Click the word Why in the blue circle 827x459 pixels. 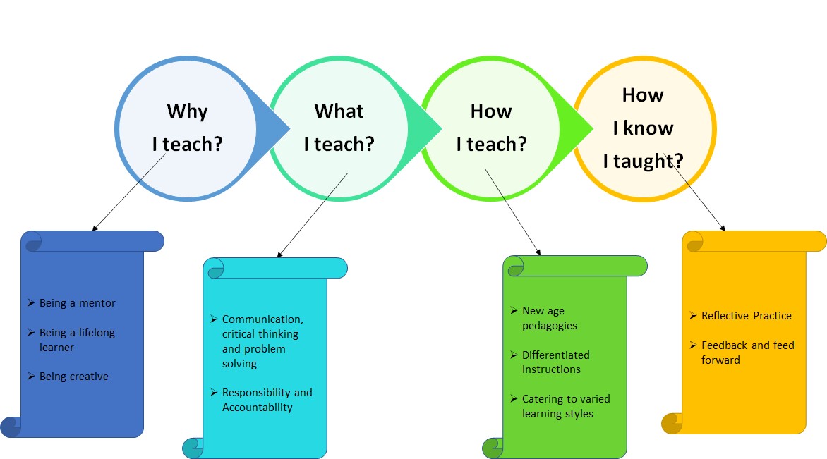point(187,111)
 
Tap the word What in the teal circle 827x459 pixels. point(339,111)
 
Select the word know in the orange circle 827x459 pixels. point(648,128)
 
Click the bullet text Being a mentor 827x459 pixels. point(77,303)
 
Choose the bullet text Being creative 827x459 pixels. point(74,377)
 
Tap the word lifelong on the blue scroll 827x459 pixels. point(97,333)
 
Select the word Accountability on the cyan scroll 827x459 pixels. point(258,408)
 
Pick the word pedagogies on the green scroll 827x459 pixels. point(550,326)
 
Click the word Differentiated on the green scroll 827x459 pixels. point(556,355)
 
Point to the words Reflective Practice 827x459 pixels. point(747,316)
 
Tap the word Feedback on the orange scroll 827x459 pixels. point(725,345)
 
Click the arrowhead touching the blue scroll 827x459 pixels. point(95,228)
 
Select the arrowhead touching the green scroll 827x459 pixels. point(538,252)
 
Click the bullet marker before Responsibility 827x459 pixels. point(214,392)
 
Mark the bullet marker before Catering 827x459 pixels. point(514,399)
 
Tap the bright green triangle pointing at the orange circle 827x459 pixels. point(577,128)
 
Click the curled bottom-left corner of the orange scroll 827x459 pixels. point(672,423)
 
